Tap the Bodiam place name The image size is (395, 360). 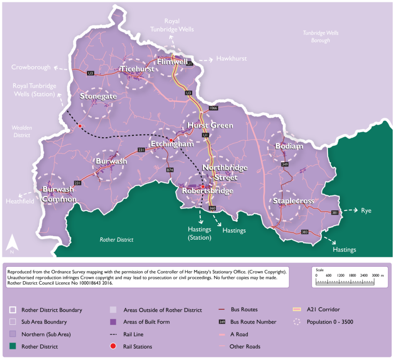pyautogui.click(x=289, y=146)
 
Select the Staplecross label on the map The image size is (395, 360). pyautogui.click(x=293, y=201)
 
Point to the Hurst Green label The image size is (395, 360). pyautogui.click(x=210, y=125)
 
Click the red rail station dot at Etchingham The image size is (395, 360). pyautogui.click(x=171, y=140)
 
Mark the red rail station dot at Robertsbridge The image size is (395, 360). pyautogui.click(x=203, y=187)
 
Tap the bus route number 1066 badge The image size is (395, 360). pyautogui.click(x=213, y=108)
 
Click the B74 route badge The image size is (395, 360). pyautogui.click(x=170, y=170)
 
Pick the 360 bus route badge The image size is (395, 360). pyautogui.click(x=212, y=208)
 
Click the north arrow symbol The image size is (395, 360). pyautogui.click(x=12, y=244)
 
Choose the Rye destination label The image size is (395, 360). pyautogui.click(x=366, y=211)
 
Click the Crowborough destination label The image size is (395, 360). pyautogui.click(x=31, y=67)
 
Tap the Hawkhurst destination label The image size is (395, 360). pyautogui.click(x=231, y=59)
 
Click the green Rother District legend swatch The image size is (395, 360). pyautogui.click(x=13, y=346)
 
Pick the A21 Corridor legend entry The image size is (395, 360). pyautogui.click(x=323, y=310)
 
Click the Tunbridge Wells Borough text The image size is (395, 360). pyautogui.click(x=321, y=37)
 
